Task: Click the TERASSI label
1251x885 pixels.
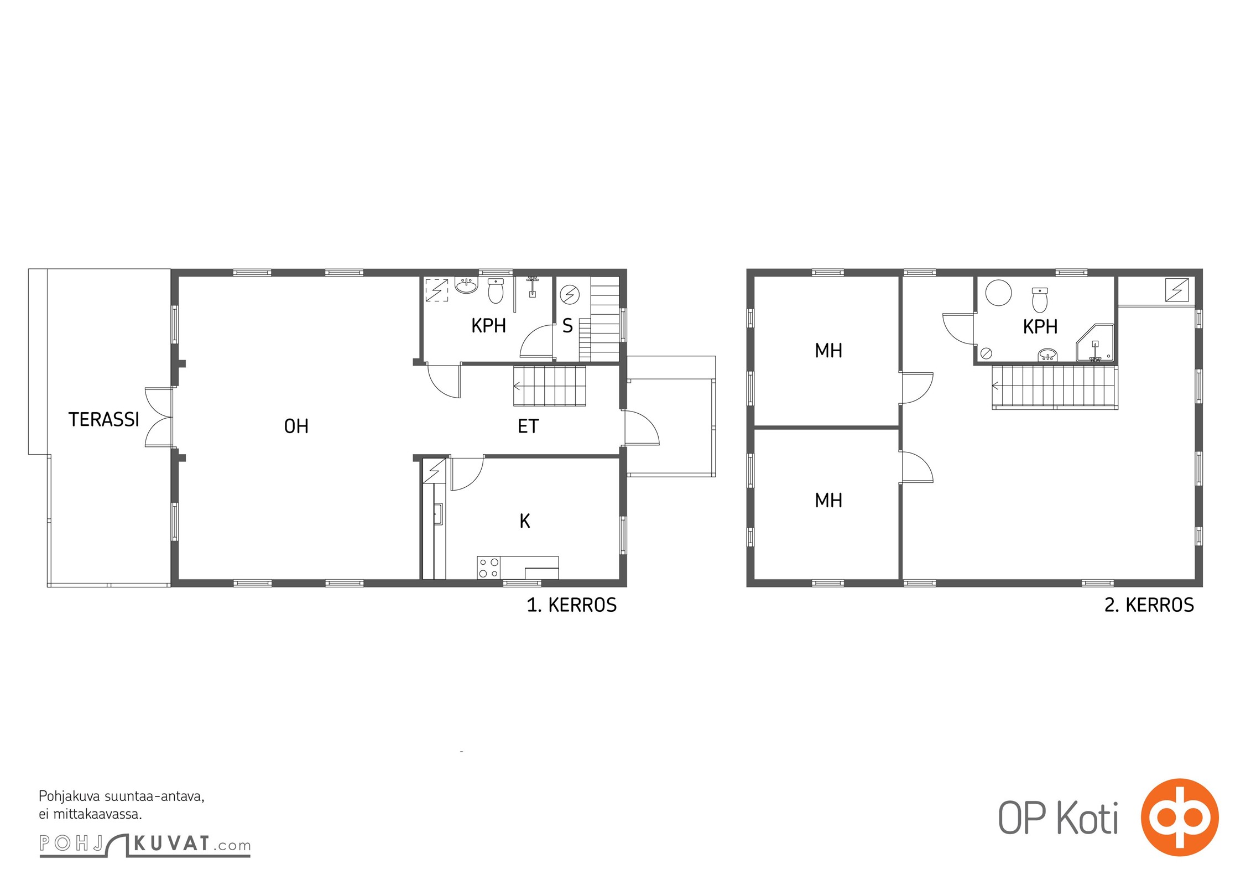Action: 103,420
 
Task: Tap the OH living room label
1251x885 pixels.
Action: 296,426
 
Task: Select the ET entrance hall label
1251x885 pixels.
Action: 528,426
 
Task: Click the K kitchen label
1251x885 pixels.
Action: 525,521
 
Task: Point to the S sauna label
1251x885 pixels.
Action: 567,326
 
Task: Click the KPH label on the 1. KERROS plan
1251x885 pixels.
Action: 488,326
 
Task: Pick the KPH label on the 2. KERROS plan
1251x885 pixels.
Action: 1040,327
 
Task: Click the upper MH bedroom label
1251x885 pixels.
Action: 828,351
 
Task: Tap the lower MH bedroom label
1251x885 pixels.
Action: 828,501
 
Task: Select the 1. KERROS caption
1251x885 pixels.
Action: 571,606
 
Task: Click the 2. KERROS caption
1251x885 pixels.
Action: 1149,606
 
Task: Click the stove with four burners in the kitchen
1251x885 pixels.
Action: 489,568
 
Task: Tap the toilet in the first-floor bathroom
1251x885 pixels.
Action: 496,291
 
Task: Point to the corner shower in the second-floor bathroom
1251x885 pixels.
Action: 1094,343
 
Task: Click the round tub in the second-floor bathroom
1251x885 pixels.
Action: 998,293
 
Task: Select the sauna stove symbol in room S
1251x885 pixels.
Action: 570,294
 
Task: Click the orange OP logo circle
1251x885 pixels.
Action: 1180,818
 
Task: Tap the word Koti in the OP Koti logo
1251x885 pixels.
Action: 1088,819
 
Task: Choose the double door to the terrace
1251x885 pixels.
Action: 159,417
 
